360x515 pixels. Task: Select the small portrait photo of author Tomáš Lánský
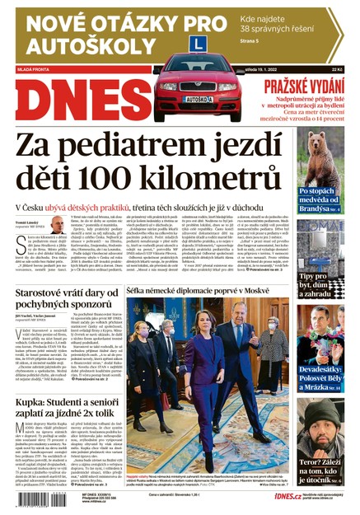[x=58, y=224]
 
